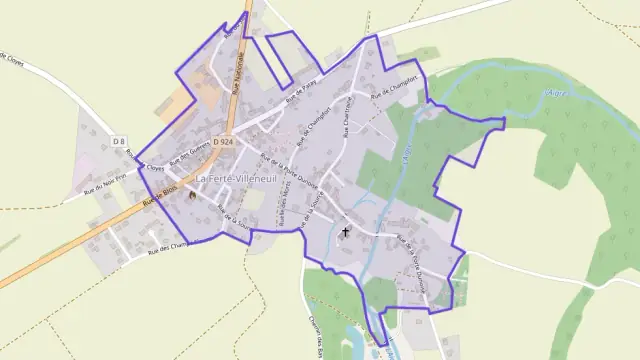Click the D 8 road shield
[119, 142]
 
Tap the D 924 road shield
[223, 142]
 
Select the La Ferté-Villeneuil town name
[236, 178]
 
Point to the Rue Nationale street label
[237, 75]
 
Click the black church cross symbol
[346, 232]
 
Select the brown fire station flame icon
[193, 195]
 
